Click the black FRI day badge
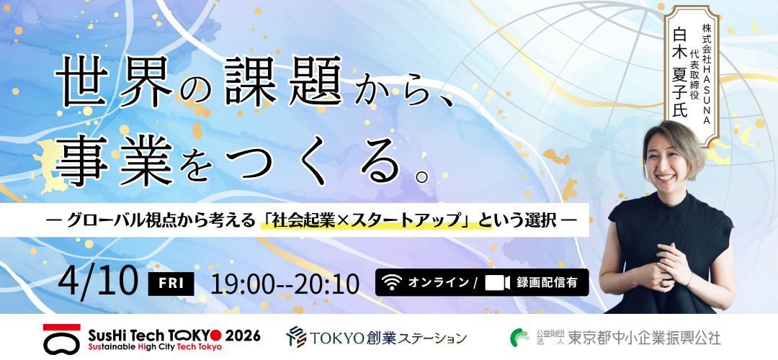click(x=171, y=283)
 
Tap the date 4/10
click(x=98, y=281)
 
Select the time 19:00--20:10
click(x=285, y=284)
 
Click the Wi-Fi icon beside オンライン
click(x=392, y=283)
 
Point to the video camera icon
click(x=498, y=283)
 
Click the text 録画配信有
click(x=547, y=283)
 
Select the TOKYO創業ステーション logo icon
click(x=295, y=336)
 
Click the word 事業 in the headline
click(x=113, y=158)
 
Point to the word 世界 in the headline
click(x=113, y=80)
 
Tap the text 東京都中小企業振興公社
click(x=644, y=337)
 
